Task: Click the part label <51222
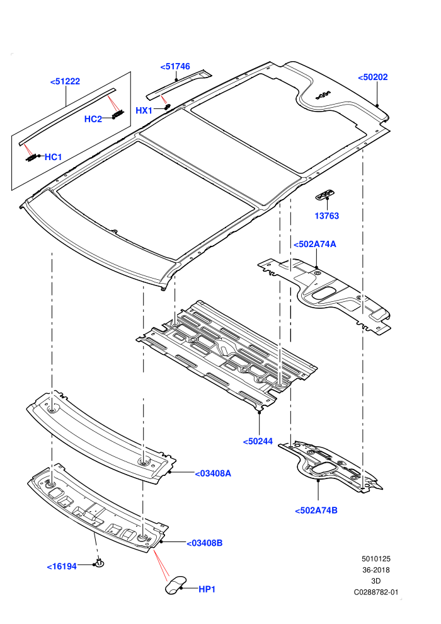pyautogui.click(x=66, y=81)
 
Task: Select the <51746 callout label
pyautogui.click(x=175, y=66)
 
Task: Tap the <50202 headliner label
pyautogui.click(x=372, y=77)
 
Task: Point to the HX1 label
pyautogui.click(x=144, y=110)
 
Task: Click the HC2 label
pyautogui.click(x=93, y=119)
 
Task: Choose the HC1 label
pyautogui.click(x=54, y=157)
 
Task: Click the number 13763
pyautogui.click(x=327, y=216)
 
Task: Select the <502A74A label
pyautogui.click(x=314, y=244)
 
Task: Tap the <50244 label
pyautogui.click(x=258, y=441)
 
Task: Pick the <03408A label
pyautogui.click(x=213, y=473)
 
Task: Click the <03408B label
pyautogui.click(x=204, y=543)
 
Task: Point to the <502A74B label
pyautogui.click(x=316, y=510)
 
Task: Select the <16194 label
pyautogui.click(x=62, y=566)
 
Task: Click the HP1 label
pyautogui.click(x=207, y=589)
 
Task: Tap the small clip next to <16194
pyautogui.click(x=99, y=563)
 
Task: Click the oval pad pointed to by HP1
pyautogui.click(x=175, y=584)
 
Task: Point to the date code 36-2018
pyautogui.click(x=375, y=570)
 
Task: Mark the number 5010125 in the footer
pyautogui.click(x=375, y=558)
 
